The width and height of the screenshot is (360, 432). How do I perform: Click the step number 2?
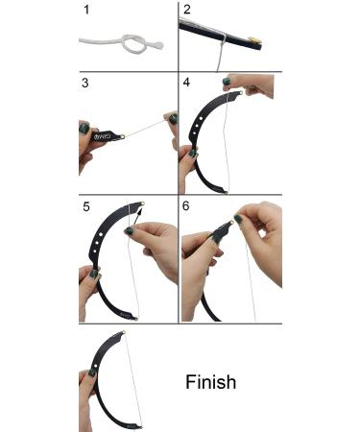pos(188,11)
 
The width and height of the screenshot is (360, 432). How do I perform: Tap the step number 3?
pos(84,84)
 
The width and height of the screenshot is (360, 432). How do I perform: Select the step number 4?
pos(188,84)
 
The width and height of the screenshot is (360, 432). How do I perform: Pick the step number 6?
pos(188,204)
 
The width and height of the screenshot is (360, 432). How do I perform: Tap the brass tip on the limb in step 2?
pos(253,40)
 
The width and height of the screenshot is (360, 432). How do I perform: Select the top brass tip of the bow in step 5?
pos(140,205)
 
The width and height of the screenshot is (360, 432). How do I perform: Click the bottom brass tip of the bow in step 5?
pos(135,317)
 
